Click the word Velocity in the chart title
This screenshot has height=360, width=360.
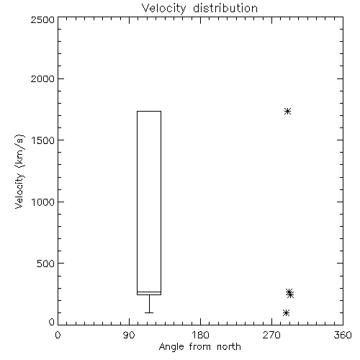click(x=163, y=9)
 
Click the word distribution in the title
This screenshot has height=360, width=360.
click(x=225, y=8)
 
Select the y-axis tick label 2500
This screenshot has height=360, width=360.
click(x=42, y=19)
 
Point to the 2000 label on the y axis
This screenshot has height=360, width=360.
click(x=42, y=79)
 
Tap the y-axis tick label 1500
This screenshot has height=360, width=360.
click(x=43, y=140)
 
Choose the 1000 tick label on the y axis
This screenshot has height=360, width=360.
click(x=43, y=202)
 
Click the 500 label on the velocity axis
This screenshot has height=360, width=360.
click(x=46, y=264)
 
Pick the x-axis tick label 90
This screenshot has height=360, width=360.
click(x=129, y=335)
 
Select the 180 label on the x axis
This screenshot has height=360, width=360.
click(x=200, y=335)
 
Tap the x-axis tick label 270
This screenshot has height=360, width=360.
click(x=271, y=335)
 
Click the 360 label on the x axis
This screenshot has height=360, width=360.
click(x=343, y=335)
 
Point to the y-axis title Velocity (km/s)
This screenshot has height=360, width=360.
click(x=19, y=171)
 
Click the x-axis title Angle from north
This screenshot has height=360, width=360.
click(x=200, y=347)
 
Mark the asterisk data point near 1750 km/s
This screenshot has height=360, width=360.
click(x=287, y=112)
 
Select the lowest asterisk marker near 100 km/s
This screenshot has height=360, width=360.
click(x=286, y=312)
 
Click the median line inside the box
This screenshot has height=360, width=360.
click(x=149, y=292)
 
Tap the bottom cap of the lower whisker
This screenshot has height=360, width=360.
click(x=149, y=312)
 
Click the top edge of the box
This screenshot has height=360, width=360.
click(x=149, y=111)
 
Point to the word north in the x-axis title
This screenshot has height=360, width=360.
click(x=229, y=347)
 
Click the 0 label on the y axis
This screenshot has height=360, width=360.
click(x=52, y=322)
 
